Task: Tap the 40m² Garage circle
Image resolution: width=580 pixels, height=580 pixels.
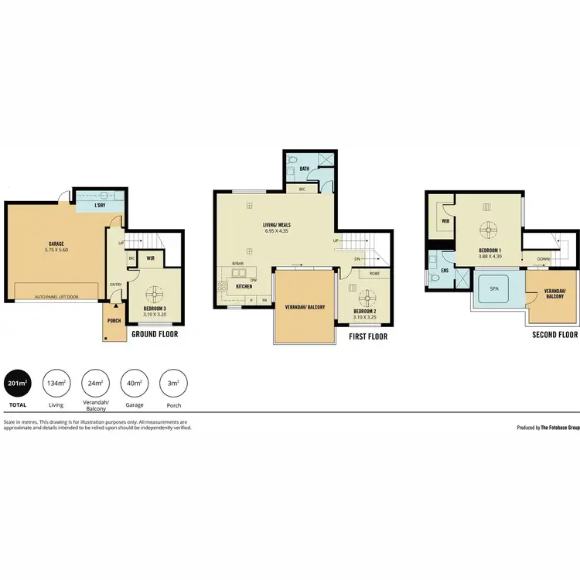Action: click(x=135, y=383)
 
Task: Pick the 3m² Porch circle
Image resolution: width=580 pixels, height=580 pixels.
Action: click(x=173, y=383)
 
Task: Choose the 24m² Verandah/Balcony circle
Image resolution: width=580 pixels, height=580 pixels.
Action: click(x=94, y=383)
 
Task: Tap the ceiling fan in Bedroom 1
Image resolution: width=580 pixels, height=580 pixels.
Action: click(x=487, y=230)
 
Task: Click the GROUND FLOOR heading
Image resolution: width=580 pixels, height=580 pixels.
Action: click(x=155, y=335)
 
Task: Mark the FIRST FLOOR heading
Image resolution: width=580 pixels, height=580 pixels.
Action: click(x=368, y=336)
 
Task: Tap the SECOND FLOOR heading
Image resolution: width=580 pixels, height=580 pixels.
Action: click(x=554, y=335)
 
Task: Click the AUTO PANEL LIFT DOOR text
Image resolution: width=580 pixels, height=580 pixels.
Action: click(x=56, y=296)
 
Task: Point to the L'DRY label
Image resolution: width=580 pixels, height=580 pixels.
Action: click(x=100, y=206)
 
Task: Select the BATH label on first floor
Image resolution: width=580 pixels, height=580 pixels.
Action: click(x=294, y=168)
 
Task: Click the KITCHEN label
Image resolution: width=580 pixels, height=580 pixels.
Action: click(x=244, y=286)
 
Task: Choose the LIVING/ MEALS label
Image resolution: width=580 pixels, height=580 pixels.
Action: click(x=276, y=225)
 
